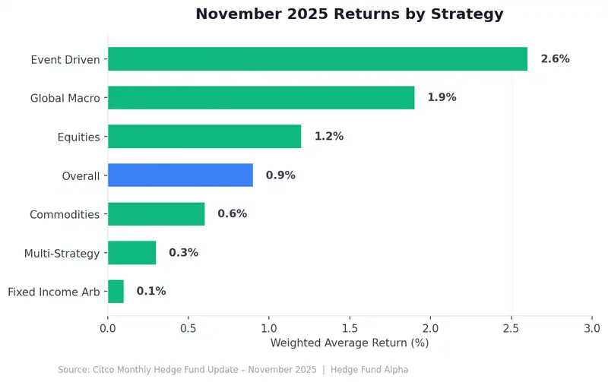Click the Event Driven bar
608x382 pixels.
coord(318,58)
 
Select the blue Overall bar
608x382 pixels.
coord(180,175)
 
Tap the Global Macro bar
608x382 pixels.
coord(261,97)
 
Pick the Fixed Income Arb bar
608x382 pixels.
coord(116,291)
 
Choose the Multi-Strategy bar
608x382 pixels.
coord(131,253)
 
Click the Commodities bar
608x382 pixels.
coord(156,214)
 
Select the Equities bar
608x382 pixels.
coord(204,137)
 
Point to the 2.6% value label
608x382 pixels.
coord(555,58)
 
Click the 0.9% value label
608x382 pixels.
coord(280,175)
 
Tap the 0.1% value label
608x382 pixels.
coord(151,291)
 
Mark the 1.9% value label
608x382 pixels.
coord(442,97)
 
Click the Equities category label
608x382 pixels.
coord(78,137)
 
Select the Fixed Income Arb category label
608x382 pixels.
coord(53,291)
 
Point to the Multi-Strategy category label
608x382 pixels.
coord(62,253)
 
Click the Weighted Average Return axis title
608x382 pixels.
coord(350,343)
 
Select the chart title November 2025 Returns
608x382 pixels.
coord(350,14)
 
